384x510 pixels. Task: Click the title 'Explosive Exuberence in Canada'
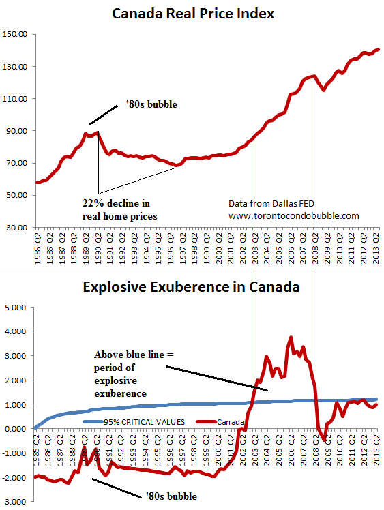tap(191, 287)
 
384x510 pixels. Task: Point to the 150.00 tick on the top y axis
tap(16, 35)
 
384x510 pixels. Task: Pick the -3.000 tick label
tap(16, 502)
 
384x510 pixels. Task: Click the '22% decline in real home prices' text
tap(116, 209)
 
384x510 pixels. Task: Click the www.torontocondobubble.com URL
tap(294, 215)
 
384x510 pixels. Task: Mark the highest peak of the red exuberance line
tap(291, 337)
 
